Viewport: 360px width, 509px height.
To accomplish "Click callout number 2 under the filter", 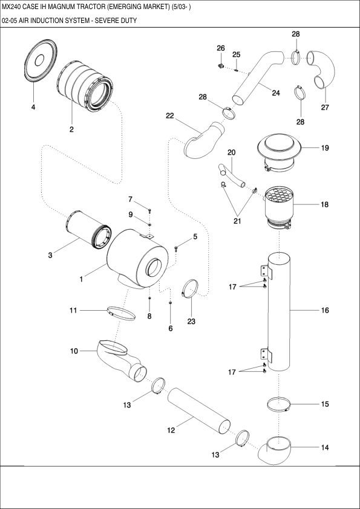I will coord(71,129).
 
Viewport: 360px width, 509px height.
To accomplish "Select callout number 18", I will coord(325,205).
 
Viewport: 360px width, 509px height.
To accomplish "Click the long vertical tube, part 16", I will coord(279,311).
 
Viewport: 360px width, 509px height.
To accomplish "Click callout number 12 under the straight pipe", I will coord(171,430).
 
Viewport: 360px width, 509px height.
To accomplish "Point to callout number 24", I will coord(276,93).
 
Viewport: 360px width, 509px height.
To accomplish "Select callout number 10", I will coord(74,351).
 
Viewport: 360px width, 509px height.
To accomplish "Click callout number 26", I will coord(220,48).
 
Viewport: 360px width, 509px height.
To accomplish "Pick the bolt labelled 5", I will coord(177,246).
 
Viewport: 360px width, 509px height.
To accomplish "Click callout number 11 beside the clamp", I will coord(73,310).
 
